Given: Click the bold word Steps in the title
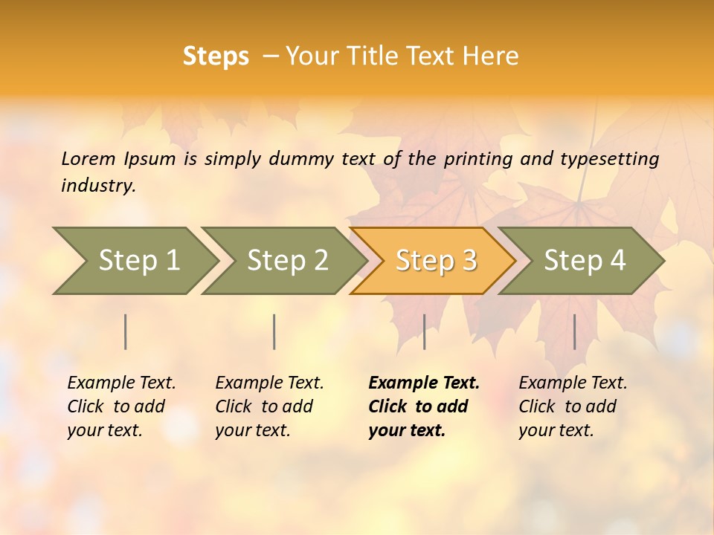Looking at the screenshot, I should pos(216,56).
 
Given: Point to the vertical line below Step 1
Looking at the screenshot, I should pos(126,331).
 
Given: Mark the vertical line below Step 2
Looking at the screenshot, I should pos(274,331).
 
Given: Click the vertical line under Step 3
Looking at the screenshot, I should pos(425,331).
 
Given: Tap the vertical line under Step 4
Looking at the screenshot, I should pos(575,331).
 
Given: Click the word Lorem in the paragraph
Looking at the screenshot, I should pos(89,159).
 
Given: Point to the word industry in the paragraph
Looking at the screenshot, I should pos(97,185).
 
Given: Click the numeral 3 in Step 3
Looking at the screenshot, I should pos(469,261).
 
